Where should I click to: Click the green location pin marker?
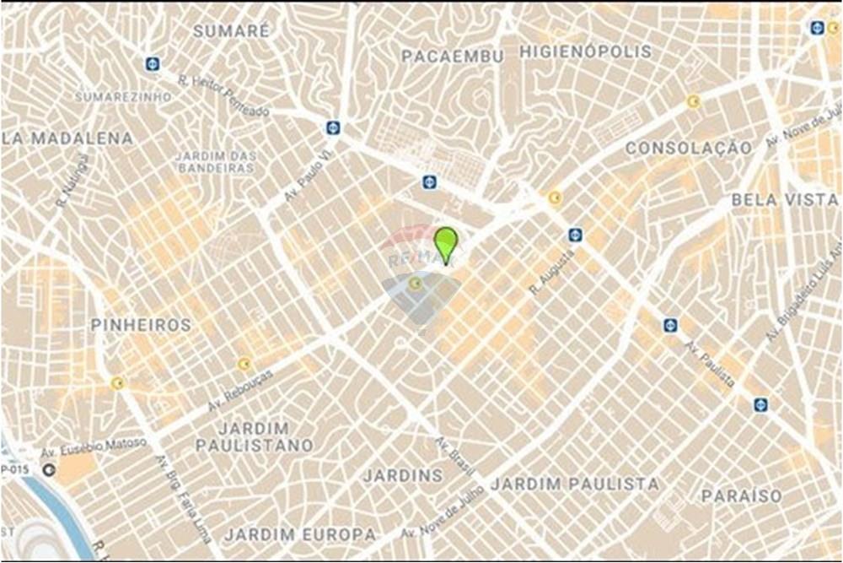446,243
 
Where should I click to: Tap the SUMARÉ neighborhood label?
232,31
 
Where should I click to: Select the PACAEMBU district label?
452,57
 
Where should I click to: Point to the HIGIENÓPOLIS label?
585,51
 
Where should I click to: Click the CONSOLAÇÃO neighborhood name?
689,148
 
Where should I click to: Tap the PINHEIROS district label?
141,325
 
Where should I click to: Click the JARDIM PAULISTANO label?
254,436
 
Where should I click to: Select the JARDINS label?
403,475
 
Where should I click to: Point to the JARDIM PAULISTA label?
574,484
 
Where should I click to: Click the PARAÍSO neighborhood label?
742,495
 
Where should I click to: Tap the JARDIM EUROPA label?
299,534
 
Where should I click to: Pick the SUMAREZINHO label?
123,97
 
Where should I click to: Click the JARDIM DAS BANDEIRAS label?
215,162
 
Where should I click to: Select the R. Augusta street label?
552,273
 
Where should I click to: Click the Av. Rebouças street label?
241,391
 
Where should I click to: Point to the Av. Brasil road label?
455,457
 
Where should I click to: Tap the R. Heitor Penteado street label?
223,95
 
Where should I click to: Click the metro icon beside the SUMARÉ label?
152,63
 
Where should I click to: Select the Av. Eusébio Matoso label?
94,448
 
